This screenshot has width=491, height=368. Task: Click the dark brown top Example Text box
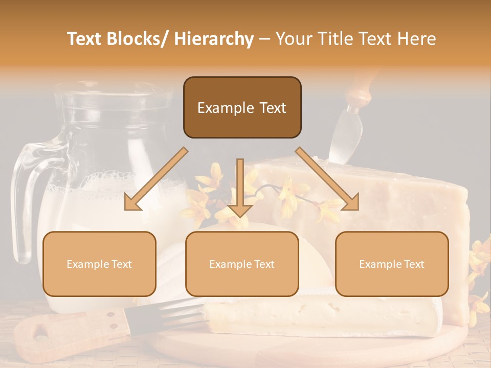pyautogui.click(x=242, y=107)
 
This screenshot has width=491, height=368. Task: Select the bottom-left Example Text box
pyautogui.click(x=99, y=264)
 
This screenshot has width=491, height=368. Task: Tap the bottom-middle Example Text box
pyautogui.click(x=242, y=264)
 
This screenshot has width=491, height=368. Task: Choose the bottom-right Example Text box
pyautogui.click(x=392, y=264)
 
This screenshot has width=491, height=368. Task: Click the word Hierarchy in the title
pyautogui.click(x=214, y=39)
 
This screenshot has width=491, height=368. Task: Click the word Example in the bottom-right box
pyautogui.click(x=377, y=264)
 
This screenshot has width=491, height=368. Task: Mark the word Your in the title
pyautogui.click(x=293, y=39)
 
